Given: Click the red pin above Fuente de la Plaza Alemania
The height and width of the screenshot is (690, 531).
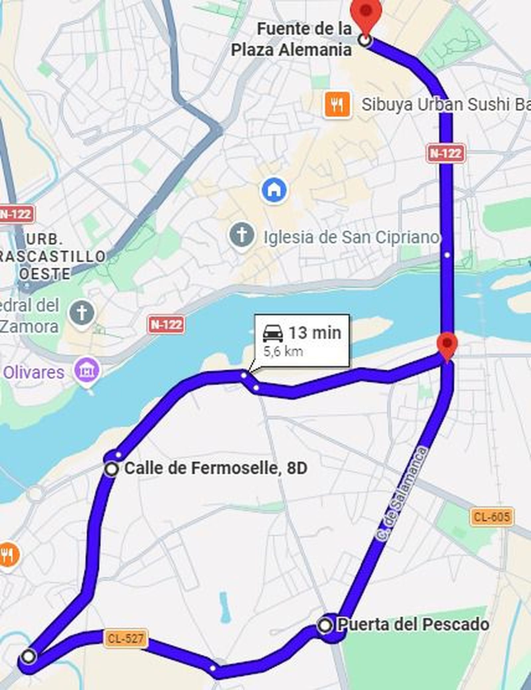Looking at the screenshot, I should [366, 12].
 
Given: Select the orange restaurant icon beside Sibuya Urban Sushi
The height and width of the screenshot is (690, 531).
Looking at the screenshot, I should [337, 105].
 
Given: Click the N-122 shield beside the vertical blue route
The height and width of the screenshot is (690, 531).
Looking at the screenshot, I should [446, 153].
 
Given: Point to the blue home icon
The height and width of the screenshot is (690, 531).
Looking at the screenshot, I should [274, 190].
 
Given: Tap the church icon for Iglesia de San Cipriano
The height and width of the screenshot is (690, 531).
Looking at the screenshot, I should [242, 235].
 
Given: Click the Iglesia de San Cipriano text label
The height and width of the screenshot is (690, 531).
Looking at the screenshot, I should [351, 237].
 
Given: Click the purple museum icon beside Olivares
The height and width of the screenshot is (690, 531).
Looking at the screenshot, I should [87, 371].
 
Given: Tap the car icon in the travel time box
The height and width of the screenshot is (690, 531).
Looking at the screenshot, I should [273, 333].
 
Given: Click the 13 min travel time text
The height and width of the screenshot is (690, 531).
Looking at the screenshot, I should [315, 333].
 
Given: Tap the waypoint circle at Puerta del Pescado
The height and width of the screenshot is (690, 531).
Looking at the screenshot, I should [325, 625].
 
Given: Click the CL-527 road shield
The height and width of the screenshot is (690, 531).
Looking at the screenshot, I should [125, 638].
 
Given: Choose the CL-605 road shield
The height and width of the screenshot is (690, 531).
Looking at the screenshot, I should [492, 516].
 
